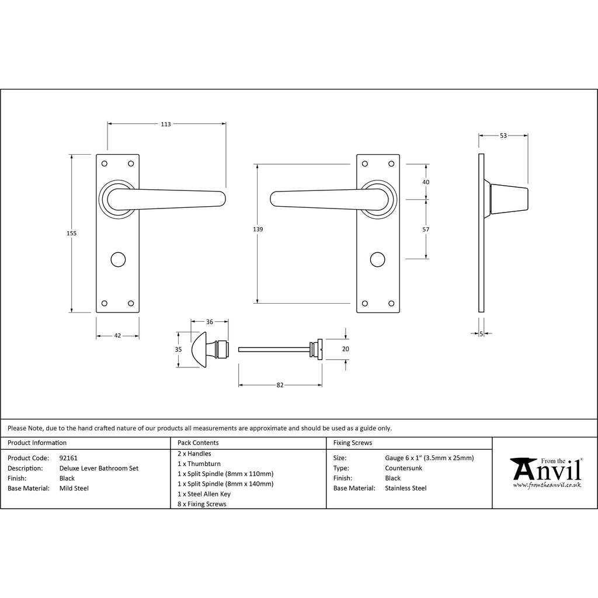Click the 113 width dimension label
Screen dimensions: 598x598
[166, 124]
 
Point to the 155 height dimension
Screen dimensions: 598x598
[72, 233]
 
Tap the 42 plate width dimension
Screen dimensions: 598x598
[117, 336]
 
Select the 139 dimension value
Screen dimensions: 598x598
[258, 229]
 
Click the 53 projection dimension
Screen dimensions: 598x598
[503, 135]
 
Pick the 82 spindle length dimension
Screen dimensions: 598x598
[280, 385]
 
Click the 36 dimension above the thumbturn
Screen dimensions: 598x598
[210, 322]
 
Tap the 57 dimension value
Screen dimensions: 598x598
[426, 229]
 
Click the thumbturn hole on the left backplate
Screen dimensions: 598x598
[118, 259]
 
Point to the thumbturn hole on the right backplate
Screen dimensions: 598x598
[378, 259]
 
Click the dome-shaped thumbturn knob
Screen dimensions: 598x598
[199, 349]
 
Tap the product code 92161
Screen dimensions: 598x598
[68, 458]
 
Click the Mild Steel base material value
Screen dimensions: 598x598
[74, 488]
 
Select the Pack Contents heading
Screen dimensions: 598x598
[198, 443]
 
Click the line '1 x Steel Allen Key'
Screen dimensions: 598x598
[204, 494]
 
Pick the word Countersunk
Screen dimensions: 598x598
[404, 468]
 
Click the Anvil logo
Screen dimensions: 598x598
[546, 472]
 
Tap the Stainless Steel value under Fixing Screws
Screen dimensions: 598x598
[406, 488]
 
